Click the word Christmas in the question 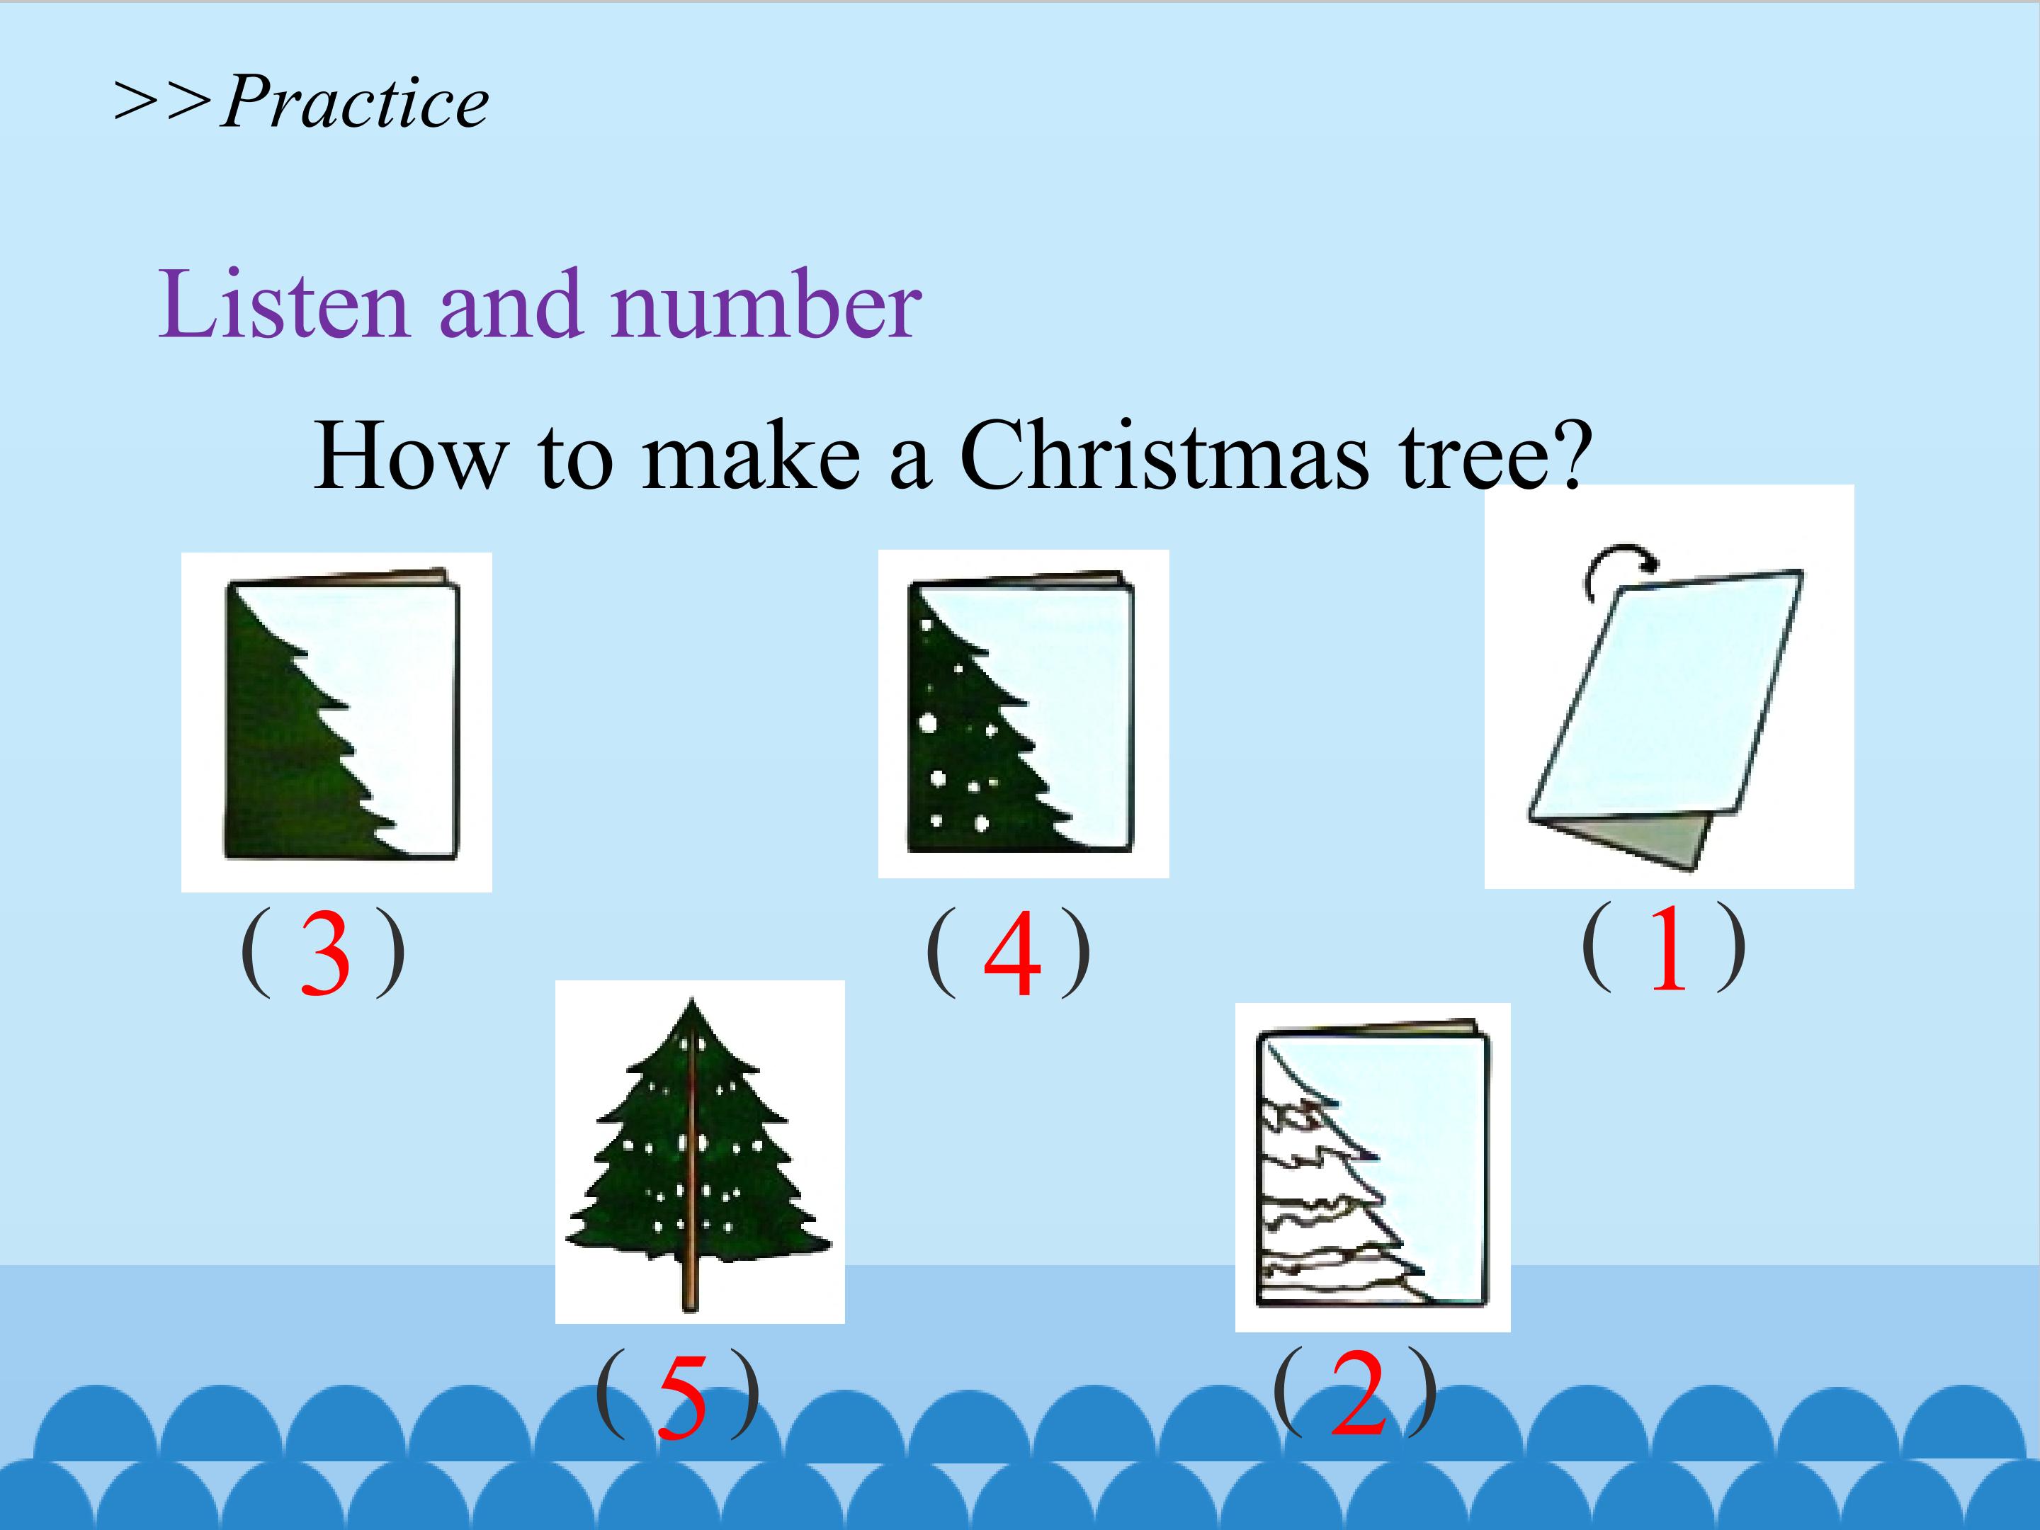[x=1164, y=454]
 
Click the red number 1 [x=1667, y=947]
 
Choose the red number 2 [x=1359, y=1392]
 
